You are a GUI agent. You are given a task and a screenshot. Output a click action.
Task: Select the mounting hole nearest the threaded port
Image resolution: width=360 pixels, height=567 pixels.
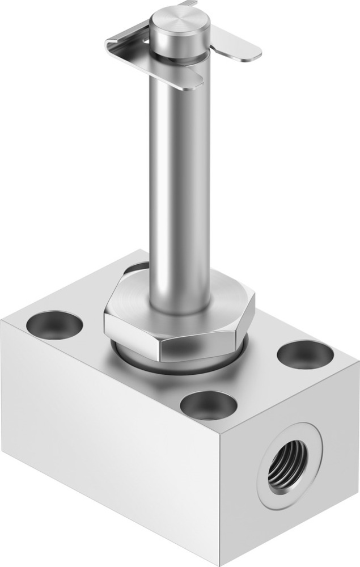pyautogui.click(x=305, y=355)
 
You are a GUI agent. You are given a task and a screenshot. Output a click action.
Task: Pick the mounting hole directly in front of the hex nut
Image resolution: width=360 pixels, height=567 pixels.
pyautogui.click(x=208, y=405)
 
